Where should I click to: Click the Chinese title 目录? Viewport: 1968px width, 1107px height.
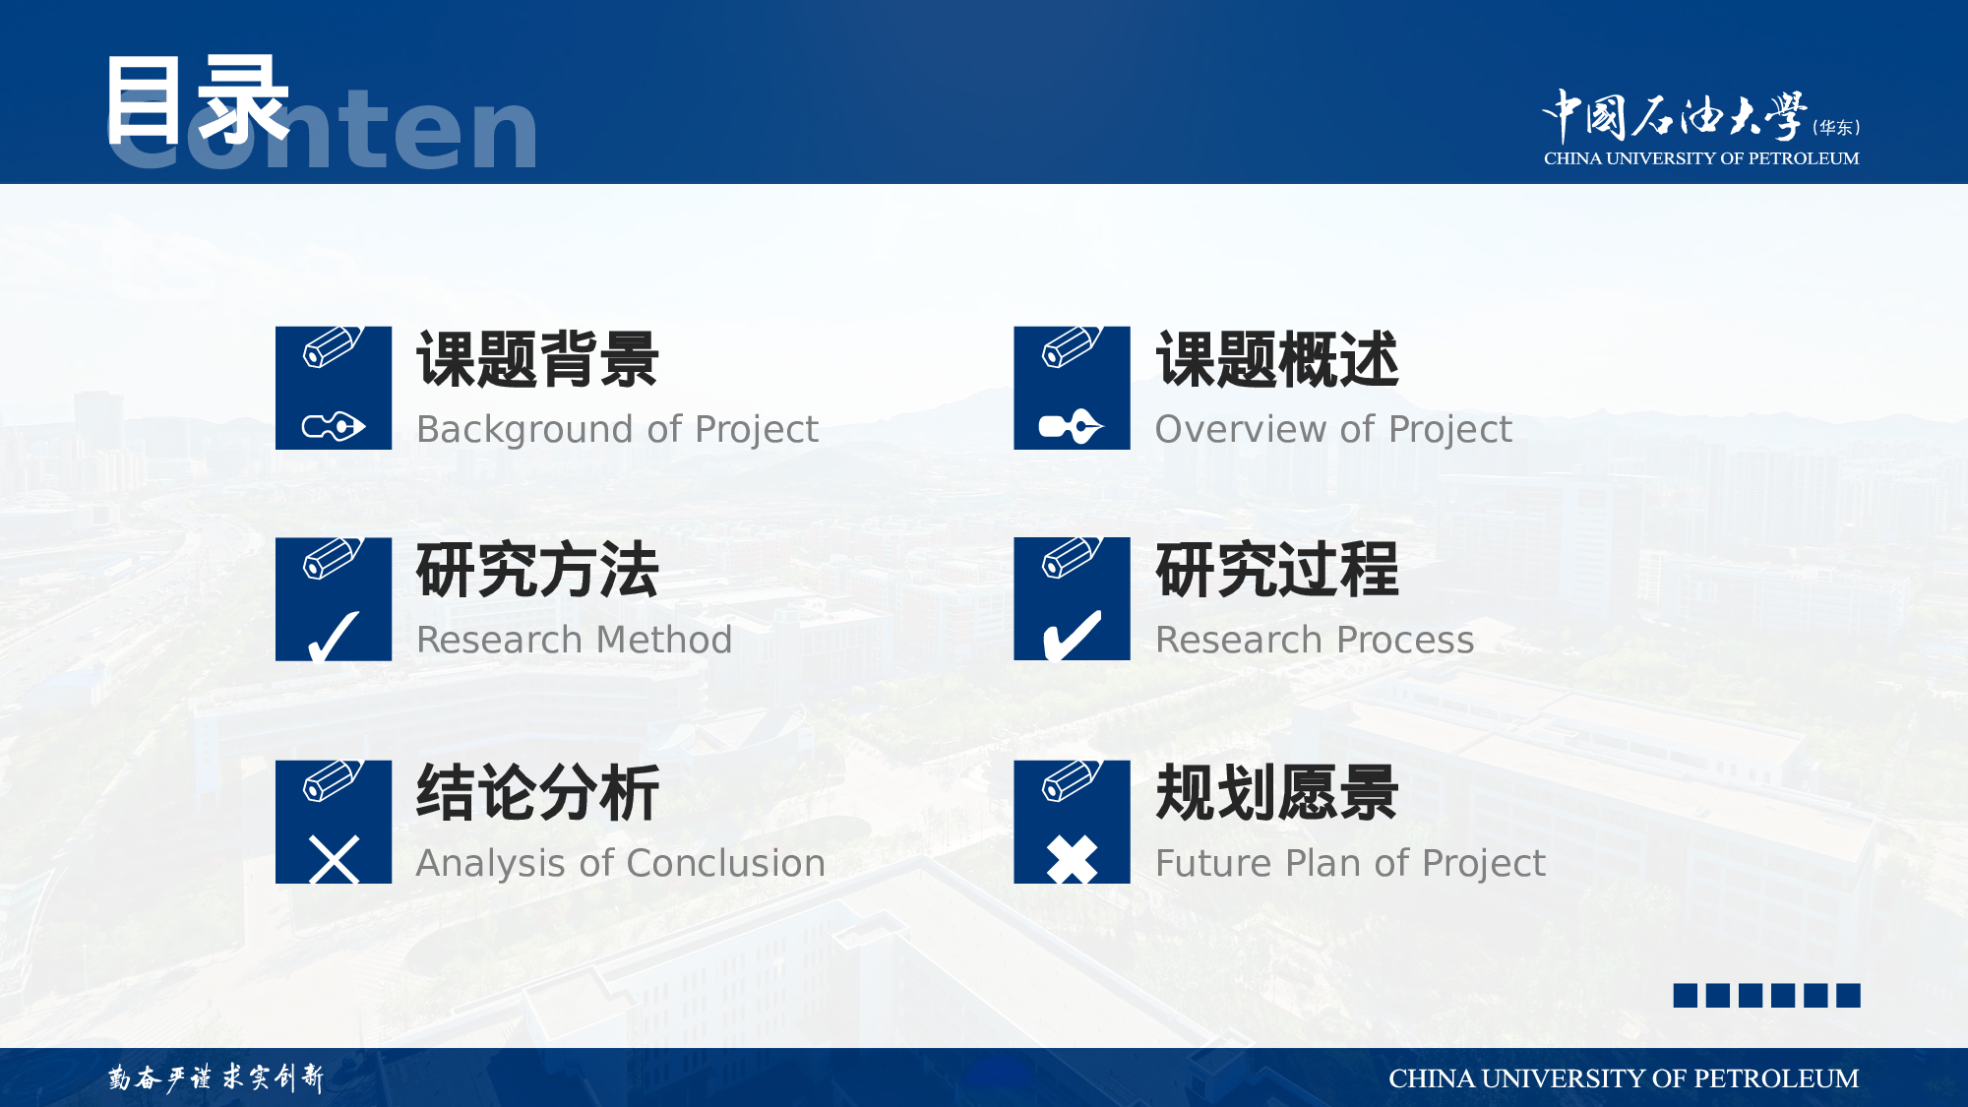tap(198, 99)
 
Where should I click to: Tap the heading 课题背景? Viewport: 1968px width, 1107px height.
tap(537, 359)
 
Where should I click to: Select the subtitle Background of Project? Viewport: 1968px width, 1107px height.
tap(617, 430)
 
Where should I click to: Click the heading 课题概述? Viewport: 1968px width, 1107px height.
tap(1277, 359)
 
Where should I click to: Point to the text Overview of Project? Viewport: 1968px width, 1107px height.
tap(1333, 430)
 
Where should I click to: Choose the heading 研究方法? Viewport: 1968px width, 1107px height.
tap(537, 570)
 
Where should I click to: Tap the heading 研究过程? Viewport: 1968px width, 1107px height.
tap(1277, 570)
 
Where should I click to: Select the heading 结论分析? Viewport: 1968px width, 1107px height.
tap(537, 793)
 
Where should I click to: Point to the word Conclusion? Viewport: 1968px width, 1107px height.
tap(725, 863)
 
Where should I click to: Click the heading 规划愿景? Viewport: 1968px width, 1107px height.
tap(1277, 793)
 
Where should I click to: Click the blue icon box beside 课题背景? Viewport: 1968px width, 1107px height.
tap(334, 388)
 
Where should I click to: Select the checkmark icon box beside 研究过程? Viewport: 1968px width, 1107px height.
tap(1072, 598)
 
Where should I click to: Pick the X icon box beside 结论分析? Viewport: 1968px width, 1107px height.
tap(334, 822)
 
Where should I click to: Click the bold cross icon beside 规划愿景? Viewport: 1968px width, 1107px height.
tap(1072, 859)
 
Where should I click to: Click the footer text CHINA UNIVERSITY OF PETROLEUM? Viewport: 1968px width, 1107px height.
tap(1624, 1078)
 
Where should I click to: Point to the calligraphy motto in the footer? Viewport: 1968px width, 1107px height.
tap(215, 1077)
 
